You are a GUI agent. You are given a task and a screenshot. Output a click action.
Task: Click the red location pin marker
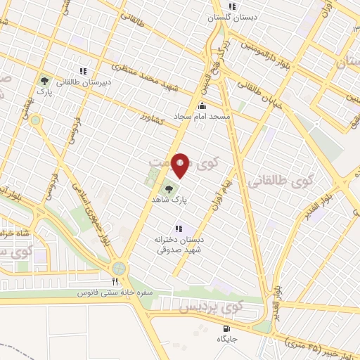click(x=181, y=165)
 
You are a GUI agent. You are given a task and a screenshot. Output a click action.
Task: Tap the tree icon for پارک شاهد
click(x=169, y=188)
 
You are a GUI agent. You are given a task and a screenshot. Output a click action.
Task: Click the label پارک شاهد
click(x=171, y=200)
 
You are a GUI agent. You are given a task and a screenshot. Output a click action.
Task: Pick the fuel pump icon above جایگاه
click(x=226, y=328)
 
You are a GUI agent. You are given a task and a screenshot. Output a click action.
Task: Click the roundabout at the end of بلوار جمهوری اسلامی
click(x=118, y=267)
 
